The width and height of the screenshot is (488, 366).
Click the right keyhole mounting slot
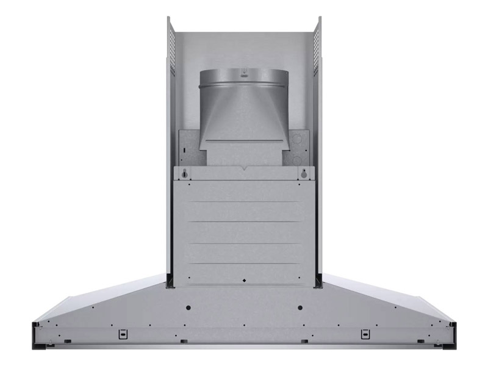[303, 174]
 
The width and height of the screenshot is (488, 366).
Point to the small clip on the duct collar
[243, 71]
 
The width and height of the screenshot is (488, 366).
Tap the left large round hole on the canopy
[188, 307]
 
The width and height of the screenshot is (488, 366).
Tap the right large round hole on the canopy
[300, 307]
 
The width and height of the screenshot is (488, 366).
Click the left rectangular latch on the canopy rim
[123, 333]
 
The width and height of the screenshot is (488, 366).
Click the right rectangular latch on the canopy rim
[365, 333]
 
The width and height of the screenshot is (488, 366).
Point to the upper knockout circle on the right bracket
[297, 140]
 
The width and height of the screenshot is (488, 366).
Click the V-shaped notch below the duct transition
[243, 166]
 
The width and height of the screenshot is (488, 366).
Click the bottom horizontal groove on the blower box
[243, 264]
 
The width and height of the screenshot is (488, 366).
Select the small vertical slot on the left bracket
[182, 149]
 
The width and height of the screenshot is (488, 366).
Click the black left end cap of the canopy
[37, 336]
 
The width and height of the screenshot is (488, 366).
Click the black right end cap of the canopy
[451, 336]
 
